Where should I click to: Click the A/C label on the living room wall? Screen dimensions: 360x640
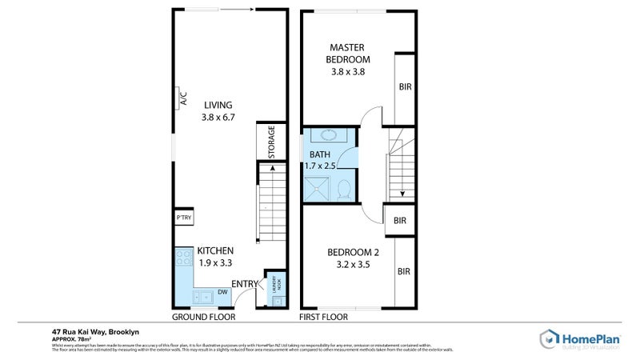(182, 98)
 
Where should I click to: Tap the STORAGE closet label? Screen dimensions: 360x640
(271, 142)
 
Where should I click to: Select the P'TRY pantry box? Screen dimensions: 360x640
(182, 218)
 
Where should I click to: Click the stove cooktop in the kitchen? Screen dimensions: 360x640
(181, 261)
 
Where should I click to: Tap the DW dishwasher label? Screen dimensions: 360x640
(222, 292)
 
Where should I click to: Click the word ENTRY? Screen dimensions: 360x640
(244, 284)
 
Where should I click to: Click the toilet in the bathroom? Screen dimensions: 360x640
(344, 190)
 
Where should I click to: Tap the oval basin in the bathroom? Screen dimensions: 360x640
(327, 135)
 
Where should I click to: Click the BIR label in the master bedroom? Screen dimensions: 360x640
(405, 86)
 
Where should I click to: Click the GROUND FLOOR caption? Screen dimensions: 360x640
(204, 317)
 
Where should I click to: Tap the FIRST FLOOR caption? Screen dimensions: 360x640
(324, 317)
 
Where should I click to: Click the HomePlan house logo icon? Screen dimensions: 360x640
(550, 338)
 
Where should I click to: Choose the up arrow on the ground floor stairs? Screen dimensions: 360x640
(272, 169)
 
